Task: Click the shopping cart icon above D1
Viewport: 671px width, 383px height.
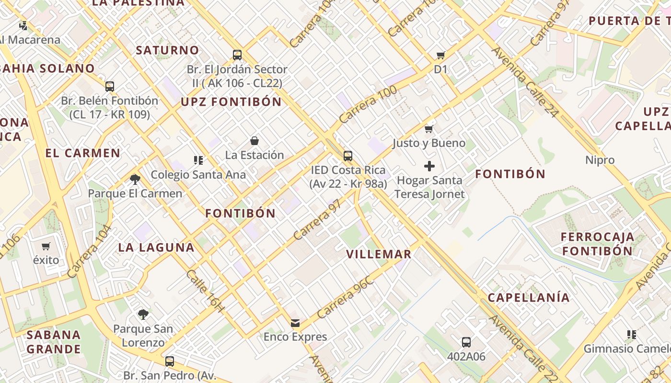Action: click(x=440, y=56)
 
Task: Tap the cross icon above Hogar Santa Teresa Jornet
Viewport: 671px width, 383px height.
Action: click(x=429, y=166)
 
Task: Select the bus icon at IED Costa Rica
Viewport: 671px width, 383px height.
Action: click(x=348, y=156)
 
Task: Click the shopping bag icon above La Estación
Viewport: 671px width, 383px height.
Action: click(x=255, y=141)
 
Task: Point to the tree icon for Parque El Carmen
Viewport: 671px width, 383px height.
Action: click(x=135, y=180)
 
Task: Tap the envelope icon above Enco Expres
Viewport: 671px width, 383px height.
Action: click(x=295, y=323)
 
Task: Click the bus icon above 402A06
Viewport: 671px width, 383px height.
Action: click(x=466, y=342)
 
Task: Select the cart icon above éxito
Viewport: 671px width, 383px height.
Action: click(x=46, y=247)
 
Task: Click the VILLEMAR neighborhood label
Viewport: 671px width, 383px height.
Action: click(x=379, y=254)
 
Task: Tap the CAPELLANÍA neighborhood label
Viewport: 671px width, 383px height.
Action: click(x=529, y=298)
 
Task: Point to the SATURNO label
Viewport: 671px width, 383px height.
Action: click(x=167, y=50)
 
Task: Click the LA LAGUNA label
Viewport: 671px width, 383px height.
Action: click(x=156, y=248)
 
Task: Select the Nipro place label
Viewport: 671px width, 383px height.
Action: click(x=600, y=160)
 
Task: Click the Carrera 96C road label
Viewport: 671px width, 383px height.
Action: click(x=345, y=298)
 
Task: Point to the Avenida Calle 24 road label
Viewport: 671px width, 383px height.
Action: click(x=525, y=82)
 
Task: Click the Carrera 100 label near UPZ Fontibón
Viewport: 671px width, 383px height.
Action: click(x=368, y=104)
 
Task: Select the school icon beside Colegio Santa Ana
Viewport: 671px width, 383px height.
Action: click(x=198, y=160)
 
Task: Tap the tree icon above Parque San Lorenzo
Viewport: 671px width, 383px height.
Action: click(x=143, y=315)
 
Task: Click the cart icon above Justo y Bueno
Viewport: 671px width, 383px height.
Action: click(x=429, y=129)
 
